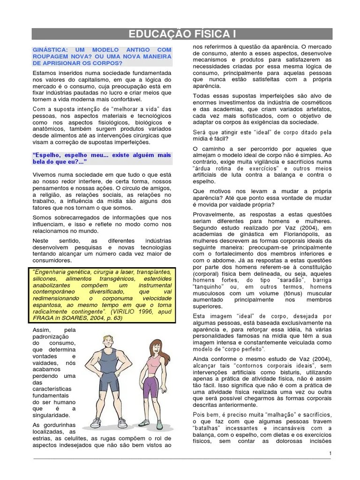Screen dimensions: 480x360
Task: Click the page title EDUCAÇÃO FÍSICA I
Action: pyautogui.click(x=182, y=34)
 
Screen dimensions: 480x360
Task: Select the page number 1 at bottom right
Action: pyautogui.click(x=330, y=453)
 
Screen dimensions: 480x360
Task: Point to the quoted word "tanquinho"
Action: pyautogui.click(x=207, y=286)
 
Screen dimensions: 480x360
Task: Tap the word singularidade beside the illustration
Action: pyautogui.click(x=52, y=415)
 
